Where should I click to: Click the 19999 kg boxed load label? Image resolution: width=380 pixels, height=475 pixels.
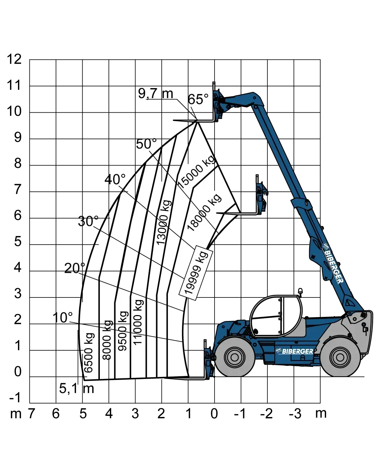[x=196, y=273]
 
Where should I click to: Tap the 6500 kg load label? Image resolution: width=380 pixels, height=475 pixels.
[x=89, y=352]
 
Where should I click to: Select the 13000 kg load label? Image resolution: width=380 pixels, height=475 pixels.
[x=164, y=222]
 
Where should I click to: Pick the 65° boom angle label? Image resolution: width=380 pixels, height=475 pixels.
[x=198, y=99]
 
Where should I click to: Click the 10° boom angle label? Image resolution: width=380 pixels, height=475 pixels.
[x=63, y=317]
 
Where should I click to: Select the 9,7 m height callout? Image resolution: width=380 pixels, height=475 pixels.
[x=156, y=93]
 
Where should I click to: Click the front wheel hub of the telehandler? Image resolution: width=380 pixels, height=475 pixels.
[x=235, y=357]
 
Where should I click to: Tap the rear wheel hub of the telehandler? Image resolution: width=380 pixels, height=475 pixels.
[x=340, y=357]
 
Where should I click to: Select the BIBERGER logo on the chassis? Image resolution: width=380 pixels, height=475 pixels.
[x=295, y=351]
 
